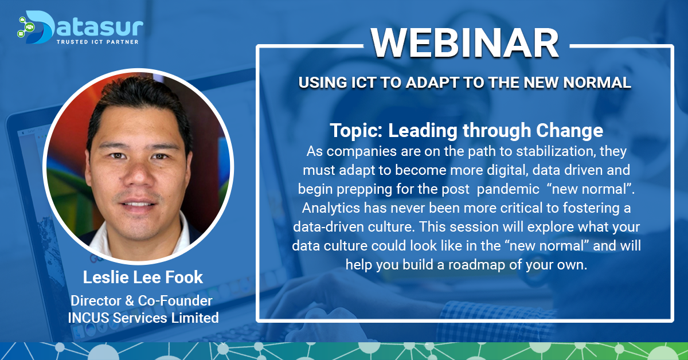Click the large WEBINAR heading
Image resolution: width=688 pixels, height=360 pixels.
(465, 42)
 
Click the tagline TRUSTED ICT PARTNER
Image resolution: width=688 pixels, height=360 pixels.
(97, 42)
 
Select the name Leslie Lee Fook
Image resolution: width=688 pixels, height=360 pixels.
(143, 277)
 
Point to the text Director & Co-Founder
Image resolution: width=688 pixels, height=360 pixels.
(142, 301)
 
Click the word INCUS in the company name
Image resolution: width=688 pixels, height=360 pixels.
(88, 318)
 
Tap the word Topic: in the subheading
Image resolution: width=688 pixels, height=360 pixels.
(356, 131)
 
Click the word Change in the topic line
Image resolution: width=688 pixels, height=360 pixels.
(569, 131)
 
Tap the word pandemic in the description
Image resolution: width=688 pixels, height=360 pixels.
(508, 189)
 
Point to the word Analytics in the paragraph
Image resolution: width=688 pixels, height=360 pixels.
(331, 208)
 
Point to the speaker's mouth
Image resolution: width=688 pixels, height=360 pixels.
(138, 204)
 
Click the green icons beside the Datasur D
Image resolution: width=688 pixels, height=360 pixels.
(25, 27)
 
